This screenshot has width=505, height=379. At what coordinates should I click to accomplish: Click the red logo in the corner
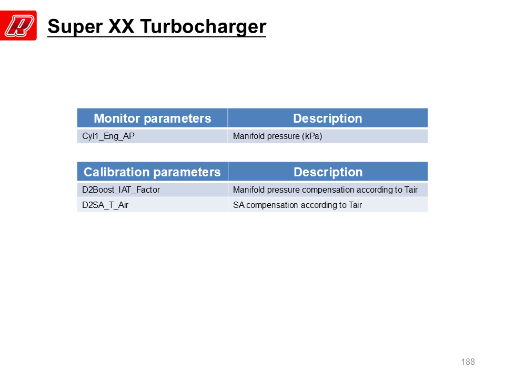tap(18, 25)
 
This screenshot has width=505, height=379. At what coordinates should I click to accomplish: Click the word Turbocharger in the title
tap(203, 27)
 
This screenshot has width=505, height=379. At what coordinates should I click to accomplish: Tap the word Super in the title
tap(75, 27)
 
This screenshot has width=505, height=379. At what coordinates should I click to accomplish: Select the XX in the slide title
tap(122, 26)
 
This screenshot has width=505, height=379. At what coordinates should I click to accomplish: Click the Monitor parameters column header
tap(153, 118)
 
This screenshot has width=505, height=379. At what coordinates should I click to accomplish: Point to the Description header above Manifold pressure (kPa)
tap(328, 118)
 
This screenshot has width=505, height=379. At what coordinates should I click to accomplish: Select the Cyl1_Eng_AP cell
tap(153, 136)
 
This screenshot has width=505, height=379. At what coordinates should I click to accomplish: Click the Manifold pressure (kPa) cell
tap(328, 136)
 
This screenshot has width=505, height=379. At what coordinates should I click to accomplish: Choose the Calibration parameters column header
tap(153, 172)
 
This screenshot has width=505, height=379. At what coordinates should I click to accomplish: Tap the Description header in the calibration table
tap(328, 172)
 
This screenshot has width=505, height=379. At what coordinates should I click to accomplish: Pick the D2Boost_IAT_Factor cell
tap(153, 190)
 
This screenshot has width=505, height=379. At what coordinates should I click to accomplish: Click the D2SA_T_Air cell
tap(153, 205)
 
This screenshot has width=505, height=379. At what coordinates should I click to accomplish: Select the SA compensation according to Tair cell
tap(328, 205)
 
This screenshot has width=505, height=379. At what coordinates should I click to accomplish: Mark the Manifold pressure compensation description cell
tap(328, 190)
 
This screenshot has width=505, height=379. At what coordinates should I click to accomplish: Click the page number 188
tap(468, 362)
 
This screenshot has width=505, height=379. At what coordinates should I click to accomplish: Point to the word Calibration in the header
tap(115, 172)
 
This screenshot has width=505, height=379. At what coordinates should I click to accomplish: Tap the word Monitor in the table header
tap(117, 118)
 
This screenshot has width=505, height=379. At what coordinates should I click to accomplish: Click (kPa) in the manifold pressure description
tap(312, 136)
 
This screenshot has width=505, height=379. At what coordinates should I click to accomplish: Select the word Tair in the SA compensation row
tap(355, 205)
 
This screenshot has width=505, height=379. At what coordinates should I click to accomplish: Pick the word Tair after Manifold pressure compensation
tap(411, 189)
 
